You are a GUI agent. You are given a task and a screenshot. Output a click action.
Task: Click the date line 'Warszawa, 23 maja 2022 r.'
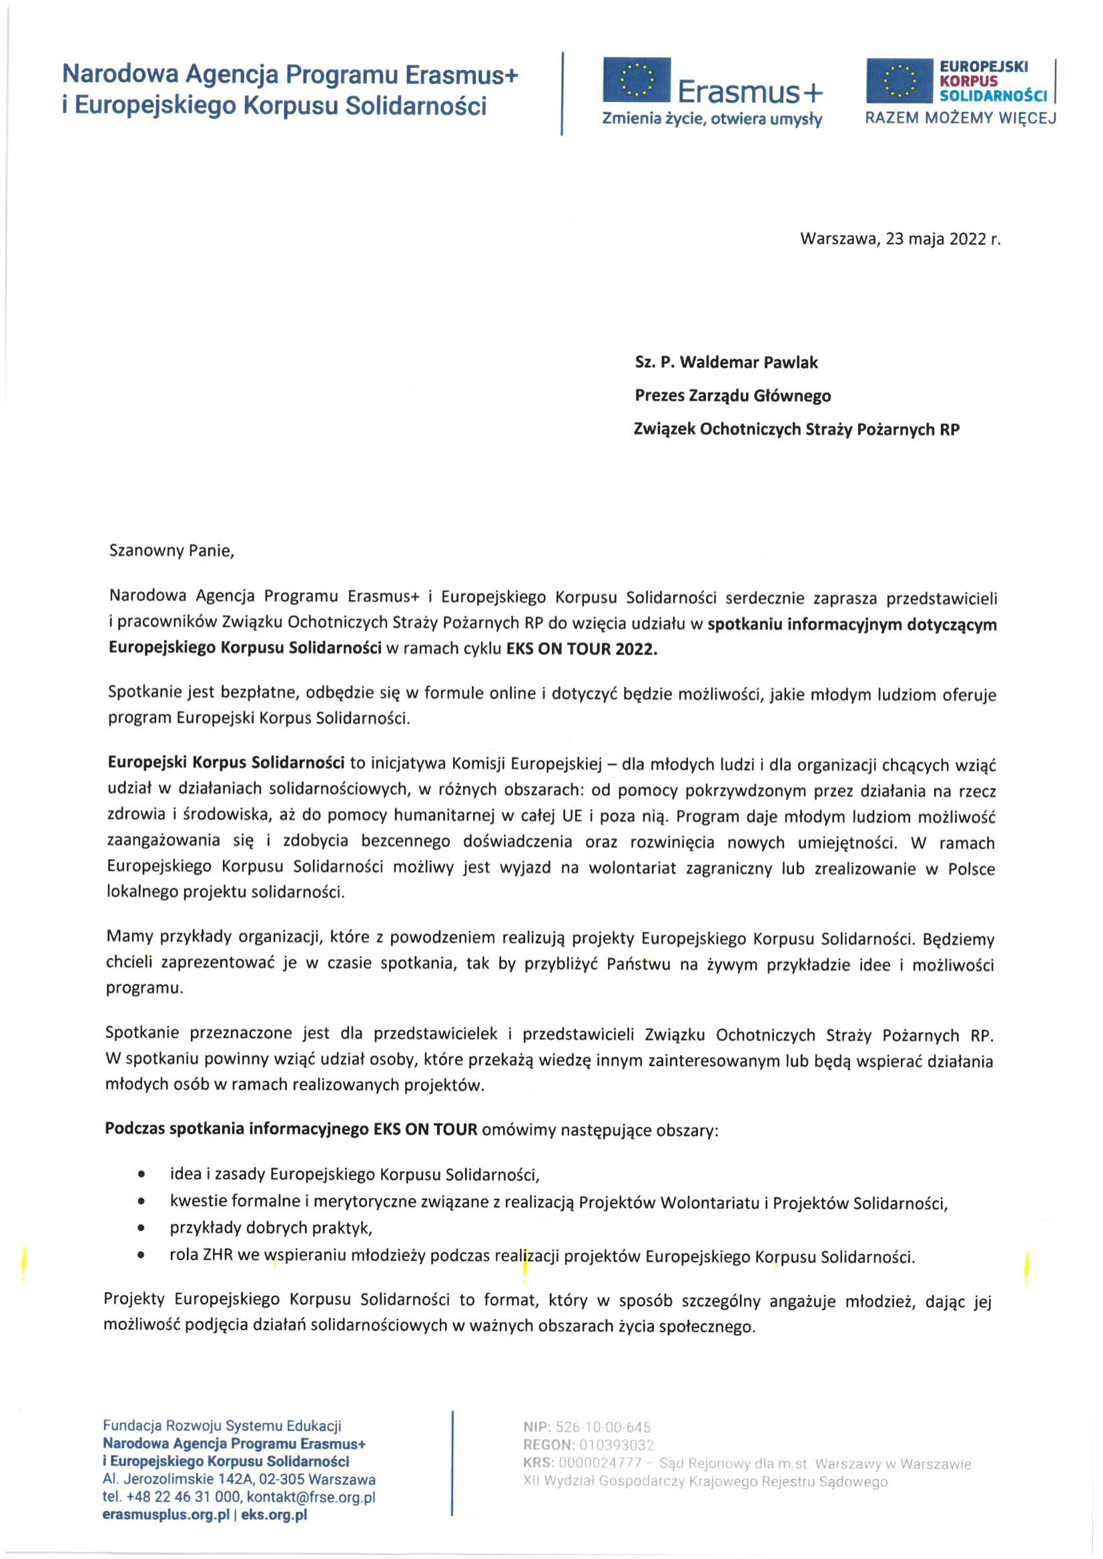(x=900, y=239)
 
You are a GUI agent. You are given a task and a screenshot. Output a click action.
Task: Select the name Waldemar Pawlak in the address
(x=749, y=363)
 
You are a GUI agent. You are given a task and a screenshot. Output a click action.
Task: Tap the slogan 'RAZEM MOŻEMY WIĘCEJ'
(x=960, y=118)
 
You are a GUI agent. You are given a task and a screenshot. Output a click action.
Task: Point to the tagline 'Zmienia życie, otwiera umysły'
(x=712, y=119)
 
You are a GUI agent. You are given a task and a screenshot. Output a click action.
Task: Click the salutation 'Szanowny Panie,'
(x=171, y=550)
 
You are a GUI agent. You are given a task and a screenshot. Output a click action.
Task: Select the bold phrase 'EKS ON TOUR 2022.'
(x=582, y=648)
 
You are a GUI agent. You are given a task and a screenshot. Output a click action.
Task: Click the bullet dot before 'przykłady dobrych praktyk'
(x=141, y=1227)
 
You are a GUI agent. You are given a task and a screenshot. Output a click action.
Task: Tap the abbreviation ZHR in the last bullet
(x=218, y=1256)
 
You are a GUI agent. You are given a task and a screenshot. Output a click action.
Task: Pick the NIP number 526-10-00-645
(x=603, y=1428)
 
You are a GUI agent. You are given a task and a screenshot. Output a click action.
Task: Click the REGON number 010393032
(x=616, y=1445)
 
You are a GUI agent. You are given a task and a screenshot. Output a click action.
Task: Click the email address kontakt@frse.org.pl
(x=311, y=1497)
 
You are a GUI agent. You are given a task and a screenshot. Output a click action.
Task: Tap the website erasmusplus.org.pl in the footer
(x=165, y=1515)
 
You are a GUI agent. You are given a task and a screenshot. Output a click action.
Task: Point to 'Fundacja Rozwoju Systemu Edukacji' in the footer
(x=222, y=1426)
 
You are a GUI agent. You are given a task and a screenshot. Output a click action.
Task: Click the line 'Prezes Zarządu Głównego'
(x=732, y=396)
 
